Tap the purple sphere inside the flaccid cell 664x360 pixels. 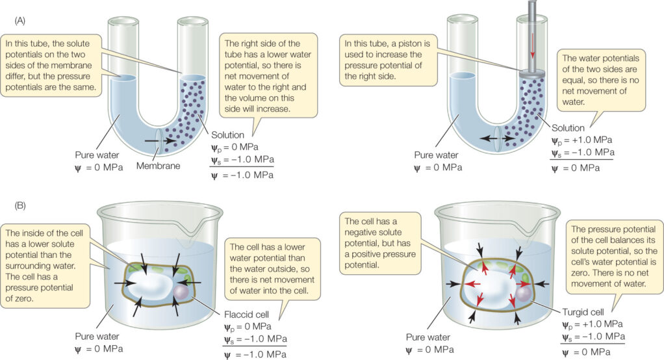[x=181, y=294]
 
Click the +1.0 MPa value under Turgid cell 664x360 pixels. [x=600, y=323]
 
